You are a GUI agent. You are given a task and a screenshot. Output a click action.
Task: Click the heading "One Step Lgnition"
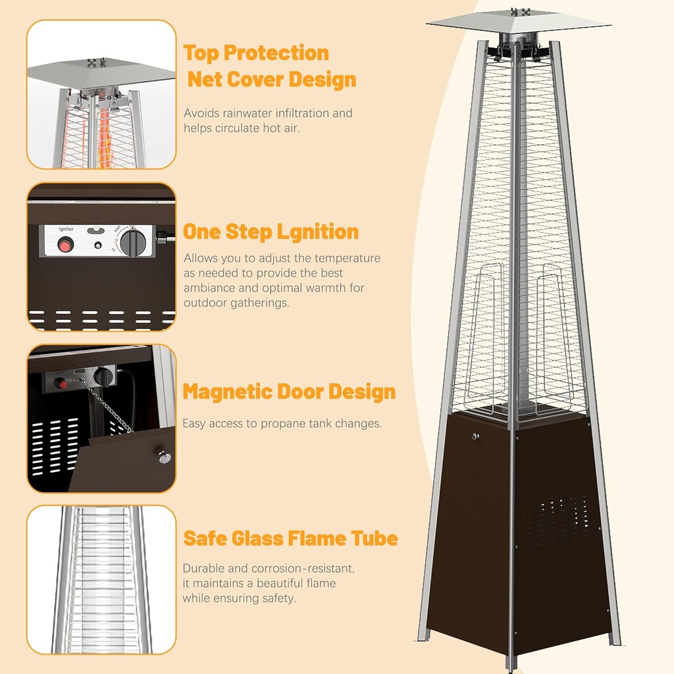[271, 232]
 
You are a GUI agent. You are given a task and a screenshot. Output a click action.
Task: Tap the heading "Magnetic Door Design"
[289, 392]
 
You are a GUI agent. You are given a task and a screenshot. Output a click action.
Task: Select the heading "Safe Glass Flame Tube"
[290, 538]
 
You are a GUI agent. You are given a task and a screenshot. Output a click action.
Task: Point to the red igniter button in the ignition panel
[65, 246]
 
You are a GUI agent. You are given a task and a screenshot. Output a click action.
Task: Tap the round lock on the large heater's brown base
[475, 436]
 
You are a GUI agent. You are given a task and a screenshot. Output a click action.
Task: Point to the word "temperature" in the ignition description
[347, 258]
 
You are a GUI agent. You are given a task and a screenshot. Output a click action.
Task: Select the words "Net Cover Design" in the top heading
[272, 80]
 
